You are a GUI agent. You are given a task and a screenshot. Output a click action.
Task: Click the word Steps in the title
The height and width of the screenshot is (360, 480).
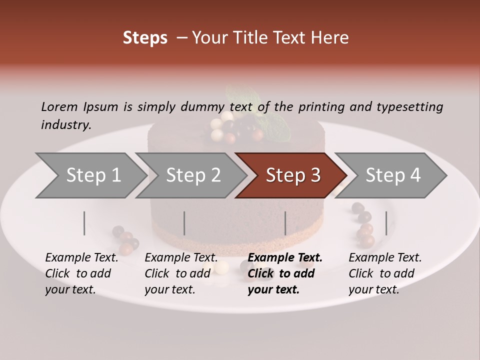pos(145,38)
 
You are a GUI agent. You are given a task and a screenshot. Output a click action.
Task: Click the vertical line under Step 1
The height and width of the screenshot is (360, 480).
pos(84,223)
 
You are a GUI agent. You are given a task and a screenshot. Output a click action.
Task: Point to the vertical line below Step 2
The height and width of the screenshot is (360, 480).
pos(184,223)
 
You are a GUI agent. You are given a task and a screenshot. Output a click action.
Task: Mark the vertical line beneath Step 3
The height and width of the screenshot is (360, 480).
pos(285,223)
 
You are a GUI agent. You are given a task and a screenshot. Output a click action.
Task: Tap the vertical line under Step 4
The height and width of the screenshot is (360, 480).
pos(386,223)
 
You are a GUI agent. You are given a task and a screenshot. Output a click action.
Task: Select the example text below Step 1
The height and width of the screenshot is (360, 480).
pos(81,273)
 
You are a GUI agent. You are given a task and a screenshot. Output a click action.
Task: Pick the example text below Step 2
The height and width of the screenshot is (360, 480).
pos(180,273)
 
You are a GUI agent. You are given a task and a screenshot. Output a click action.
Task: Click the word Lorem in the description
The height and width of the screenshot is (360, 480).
pos(59,106)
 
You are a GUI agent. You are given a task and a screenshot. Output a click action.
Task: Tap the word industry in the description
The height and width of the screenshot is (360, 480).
pos(66,125)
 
